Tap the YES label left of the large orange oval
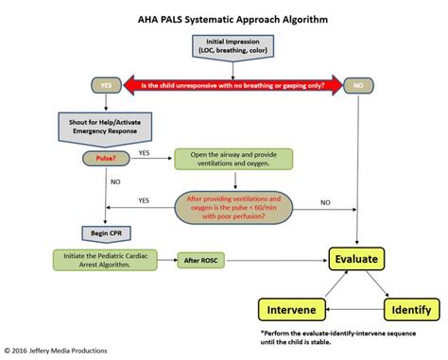pyautogui.click(x=144, y=200)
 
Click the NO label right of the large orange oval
pyautogui.click(x=326, y=202)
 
